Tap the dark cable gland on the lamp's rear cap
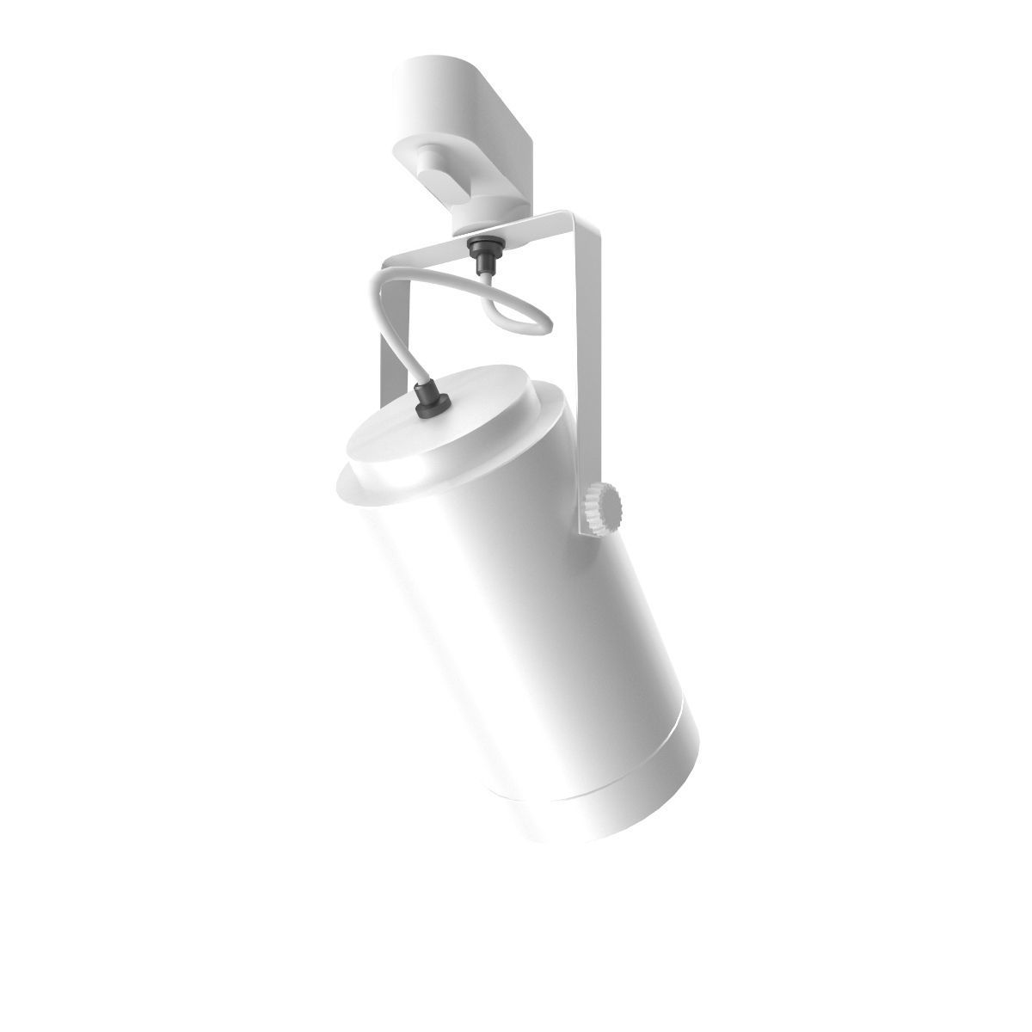pyautogui.click(x=431, y=402)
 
